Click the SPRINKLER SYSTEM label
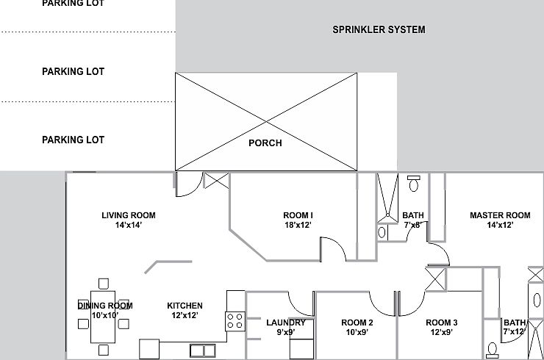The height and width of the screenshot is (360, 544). pyautogui.click(x=379, y=30)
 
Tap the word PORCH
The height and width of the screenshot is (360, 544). pyautogui.click(x=265, y=143)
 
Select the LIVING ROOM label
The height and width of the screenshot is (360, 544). pyautogui.click(x=129, y=215)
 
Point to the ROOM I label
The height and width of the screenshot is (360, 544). pyautogui.click(x=298, y=215)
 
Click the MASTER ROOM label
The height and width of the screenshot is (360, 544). pyautogui.click(x=500, y=215)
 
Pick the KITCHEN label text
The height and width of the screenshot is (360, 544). pyautogui.click(x=185, y=306)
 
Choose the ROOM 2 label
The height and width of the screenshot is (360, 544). pyautogui.click(x=357, y=323)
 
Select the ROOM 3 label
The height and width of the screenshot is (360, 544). pyautogui.click(x=442, y=323)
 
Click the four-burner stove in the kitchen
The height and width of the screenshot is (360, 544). pyautogui.click(x=235, y=320)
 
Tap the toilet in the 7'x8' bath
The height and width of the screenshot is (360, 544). pyautogui.click(x=414, y=184)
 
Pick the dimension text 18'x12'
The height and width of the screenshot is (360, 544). pyautogui.click(x=298, y=226)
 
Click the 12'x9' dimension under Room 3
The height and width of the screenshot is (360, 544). pyautogui.click(x=442, y=332)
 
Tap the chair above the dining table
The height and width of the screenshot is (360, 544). pyautogui.click(x=103, y=282)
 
